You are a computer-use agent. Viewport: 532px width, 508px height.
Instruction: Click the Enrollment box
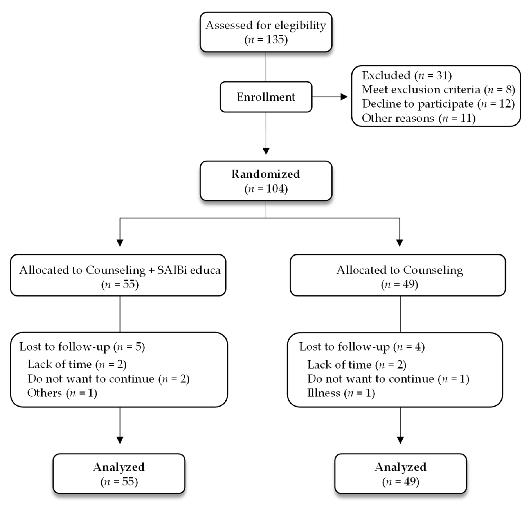click(x=266, y=97)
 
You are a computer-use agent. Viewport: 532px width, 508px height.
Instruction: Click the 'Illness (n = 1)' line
click(x=341, y=393)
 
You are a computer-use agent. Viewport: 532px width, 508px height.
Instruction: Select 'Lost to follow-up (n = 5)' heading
click(x=82, y=347)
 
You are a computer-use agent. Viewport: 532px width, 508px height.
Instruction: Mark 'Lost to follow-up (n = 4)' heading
click(x=362, y=347)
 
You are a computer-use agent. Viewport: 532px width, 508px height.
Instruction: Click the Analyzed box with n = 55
click(x=119, y=474)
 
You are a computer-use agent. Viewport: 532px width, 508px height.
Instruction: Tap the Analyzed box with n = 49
click(x=400, y=474)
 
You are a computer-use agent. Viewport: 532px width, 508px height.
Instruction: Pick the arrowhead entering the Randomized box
click(x=266, y=151)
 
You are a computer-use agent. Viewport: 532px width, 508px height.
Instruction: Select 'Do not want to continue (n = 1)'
click(x=388, y=379)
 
